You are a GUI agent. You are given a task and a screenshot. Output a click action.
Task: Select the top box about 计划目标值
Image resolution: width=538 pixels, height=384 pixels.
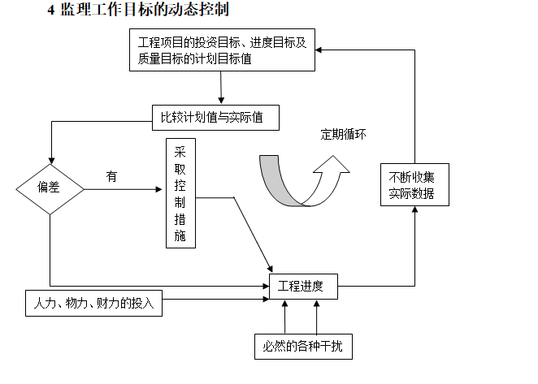(222, 50)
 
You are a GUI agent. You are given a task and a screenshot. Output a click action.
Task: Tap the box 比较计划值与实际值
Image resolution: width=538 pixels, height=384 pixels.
(216, 118)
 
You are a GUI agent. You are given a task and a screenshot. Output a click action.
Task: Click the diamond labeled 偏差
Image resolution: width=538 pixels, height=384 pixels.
(50, 188)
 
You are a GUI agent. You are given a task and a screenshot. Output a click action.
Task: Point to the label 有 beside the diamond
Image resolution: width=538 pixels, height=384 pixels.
(111, 175)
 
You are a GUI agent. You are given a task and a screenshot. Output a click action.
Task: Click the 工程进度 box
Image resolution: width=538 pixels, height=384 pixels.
(302, 286)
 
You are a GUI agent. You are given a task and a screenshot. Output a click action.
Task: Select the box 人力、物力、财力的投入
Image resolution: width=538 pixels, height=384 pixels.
(93, 304)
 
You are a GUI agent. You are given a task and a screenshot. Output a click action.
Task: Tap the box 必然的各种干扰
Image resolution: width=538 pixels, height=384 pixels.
(302, 347)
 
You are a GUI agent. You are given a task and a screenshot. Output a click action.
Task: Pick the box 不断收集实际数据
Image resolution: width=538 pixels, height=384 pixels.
(414, 184)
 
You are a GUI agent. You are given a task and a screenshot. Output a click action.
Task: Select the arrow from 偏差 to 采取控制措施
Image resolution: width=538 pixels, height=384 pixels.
(123, 190)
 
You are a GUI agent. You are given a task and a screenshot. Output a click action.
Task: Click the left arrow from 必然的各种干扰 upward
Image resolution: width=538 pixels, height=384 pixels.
(285, 317)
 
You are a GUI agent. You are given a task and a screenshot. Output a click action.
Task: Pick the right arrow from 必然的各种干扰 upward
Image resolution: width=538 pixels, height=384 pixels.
(318, 317)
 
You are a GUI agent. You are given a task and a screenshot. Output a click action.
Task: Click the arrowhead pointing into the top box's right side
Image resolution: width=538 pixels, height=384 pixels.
(319, 49)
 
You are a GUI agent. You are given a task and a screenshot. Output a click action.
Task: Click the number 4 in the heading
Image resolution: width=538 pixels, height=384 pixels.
(51, 11)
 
